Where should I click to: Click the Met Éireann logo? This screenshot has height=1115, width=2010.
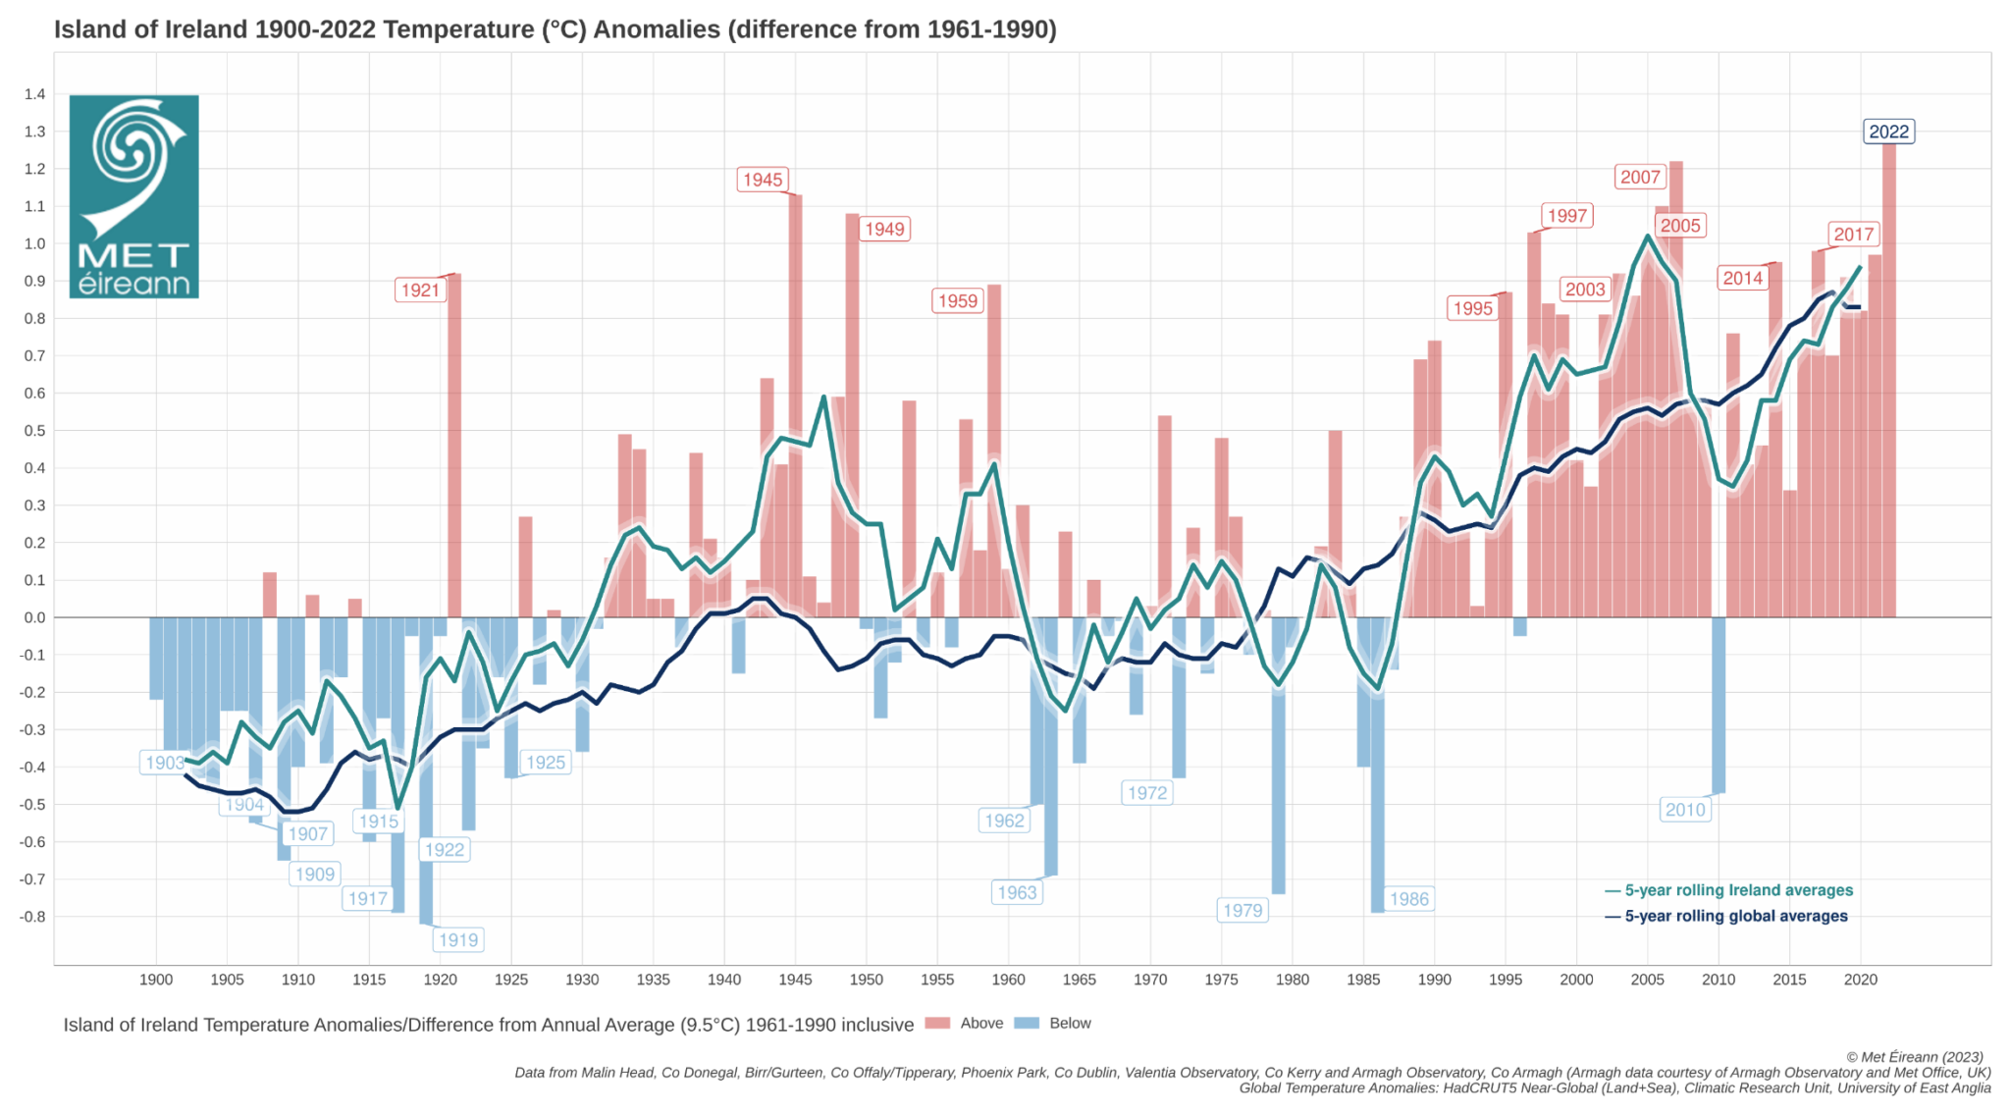pos(134,196)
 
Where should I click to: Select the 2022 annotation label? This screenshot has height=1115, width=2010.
pos(1888,132)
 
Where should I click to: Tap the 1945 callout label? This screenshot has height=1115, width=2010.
pos(763,180)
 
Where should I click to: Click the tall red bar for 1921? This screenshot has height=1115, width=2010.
pos(454,442)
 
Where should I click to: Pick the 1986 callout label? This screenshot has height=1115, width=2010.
pos(1408,899)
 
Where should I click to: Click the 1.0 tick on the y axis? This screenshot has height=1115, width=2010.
pos(35,243)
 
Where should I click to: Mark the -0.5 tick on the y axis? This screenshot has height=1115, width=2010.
pos(33,805)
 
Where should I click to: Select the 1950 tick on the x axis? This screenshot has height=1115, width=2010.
pos(867,980)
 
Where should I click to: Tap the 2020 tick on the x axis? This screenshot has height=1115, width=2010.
pos(1861,980)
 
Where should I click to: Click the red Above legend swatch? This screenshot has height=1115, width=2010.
pos(938,1023)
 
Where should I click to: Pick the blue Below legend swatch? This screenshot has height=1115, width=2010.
pos(1027,1023)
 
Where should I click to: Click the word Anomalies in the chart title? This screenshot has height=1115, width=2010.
pos(657,29)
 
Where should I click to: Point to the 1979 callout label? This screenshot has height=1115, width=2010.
pos(1243,910)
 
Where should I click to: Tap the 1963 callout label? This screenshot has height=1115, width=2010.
pos(1017,892)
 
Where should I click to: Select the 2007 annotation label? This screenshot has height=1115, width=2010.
pos(1640,177)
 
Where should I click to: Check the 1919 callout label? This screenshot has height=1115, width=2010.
pos(458,940)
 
